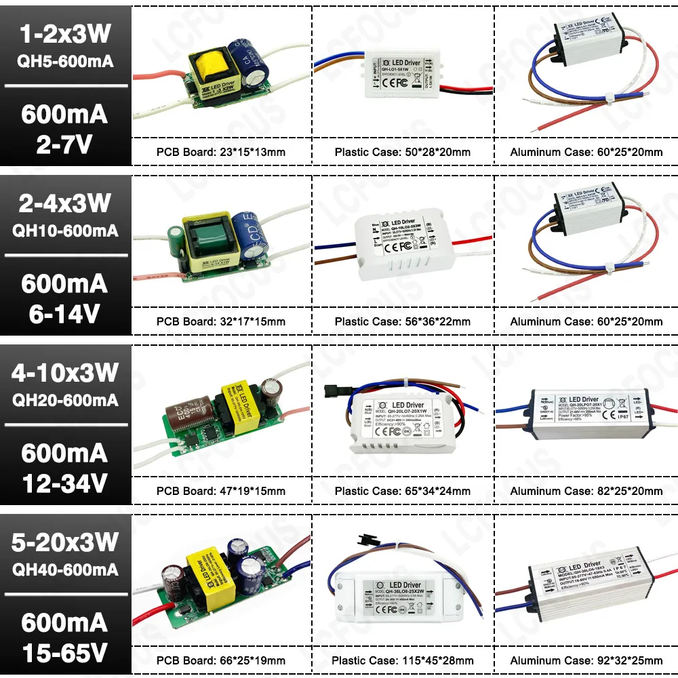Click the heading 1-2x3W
64,34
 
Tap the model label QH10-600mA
65,231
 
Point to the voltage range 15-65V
64,652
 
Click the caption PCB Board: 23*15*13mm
221,152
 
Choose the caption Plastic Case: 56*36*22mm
403,321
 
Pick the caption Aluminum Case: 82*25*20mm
586,491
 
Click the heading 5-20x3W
64,542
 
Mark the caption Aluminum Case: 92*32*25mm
586,660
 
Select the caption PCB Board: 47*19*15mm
221,491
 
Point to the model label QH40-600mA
65,570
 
